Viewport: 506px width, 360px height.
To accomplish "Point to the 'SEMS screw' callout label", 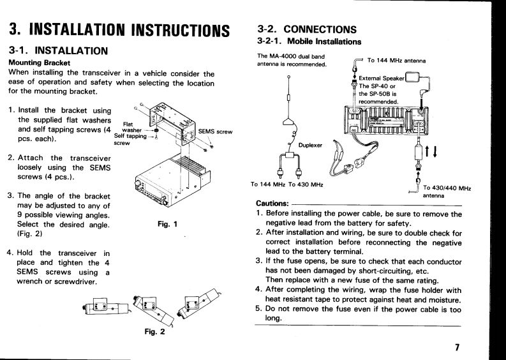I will coord(214,131).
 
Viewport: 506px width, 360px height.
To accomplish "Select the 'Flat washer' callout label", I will coord(132,126).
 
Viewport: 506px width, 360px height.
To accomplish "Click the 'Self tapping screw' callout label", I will coord(128,139).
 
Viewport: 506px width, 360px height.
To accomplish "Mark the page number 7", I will coord(457,347).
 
